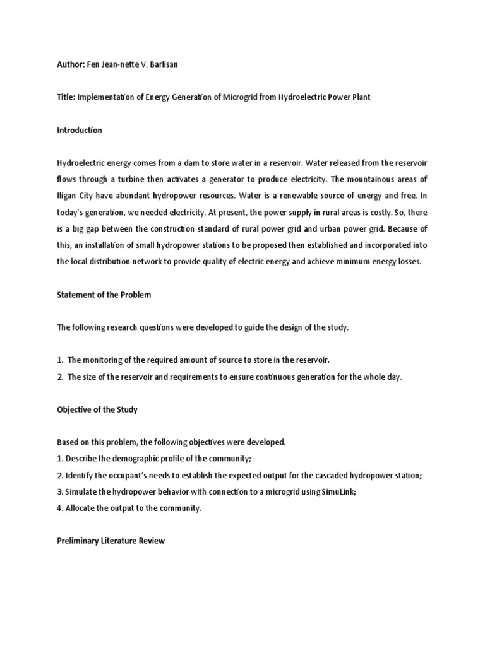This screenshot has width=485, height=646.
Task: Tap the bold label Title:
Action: coord(68,98)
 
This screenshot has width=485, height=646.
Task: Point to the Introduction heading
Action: coord(80,131)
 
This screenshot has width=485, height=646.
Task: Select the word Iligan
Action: coord(69,195)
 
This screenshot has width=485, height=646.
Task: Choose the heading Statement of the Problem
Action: coord(104,294)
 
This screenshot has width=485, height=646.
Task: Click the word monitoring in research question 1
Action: coord(103,360)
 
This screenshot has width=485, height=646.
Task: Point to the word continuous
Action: coord(281,377)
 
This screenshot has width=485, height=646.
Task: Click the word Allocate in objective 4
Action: coord(81,508)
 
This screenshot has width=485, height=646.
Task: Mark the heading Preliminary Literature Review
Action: coord(111,541)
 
